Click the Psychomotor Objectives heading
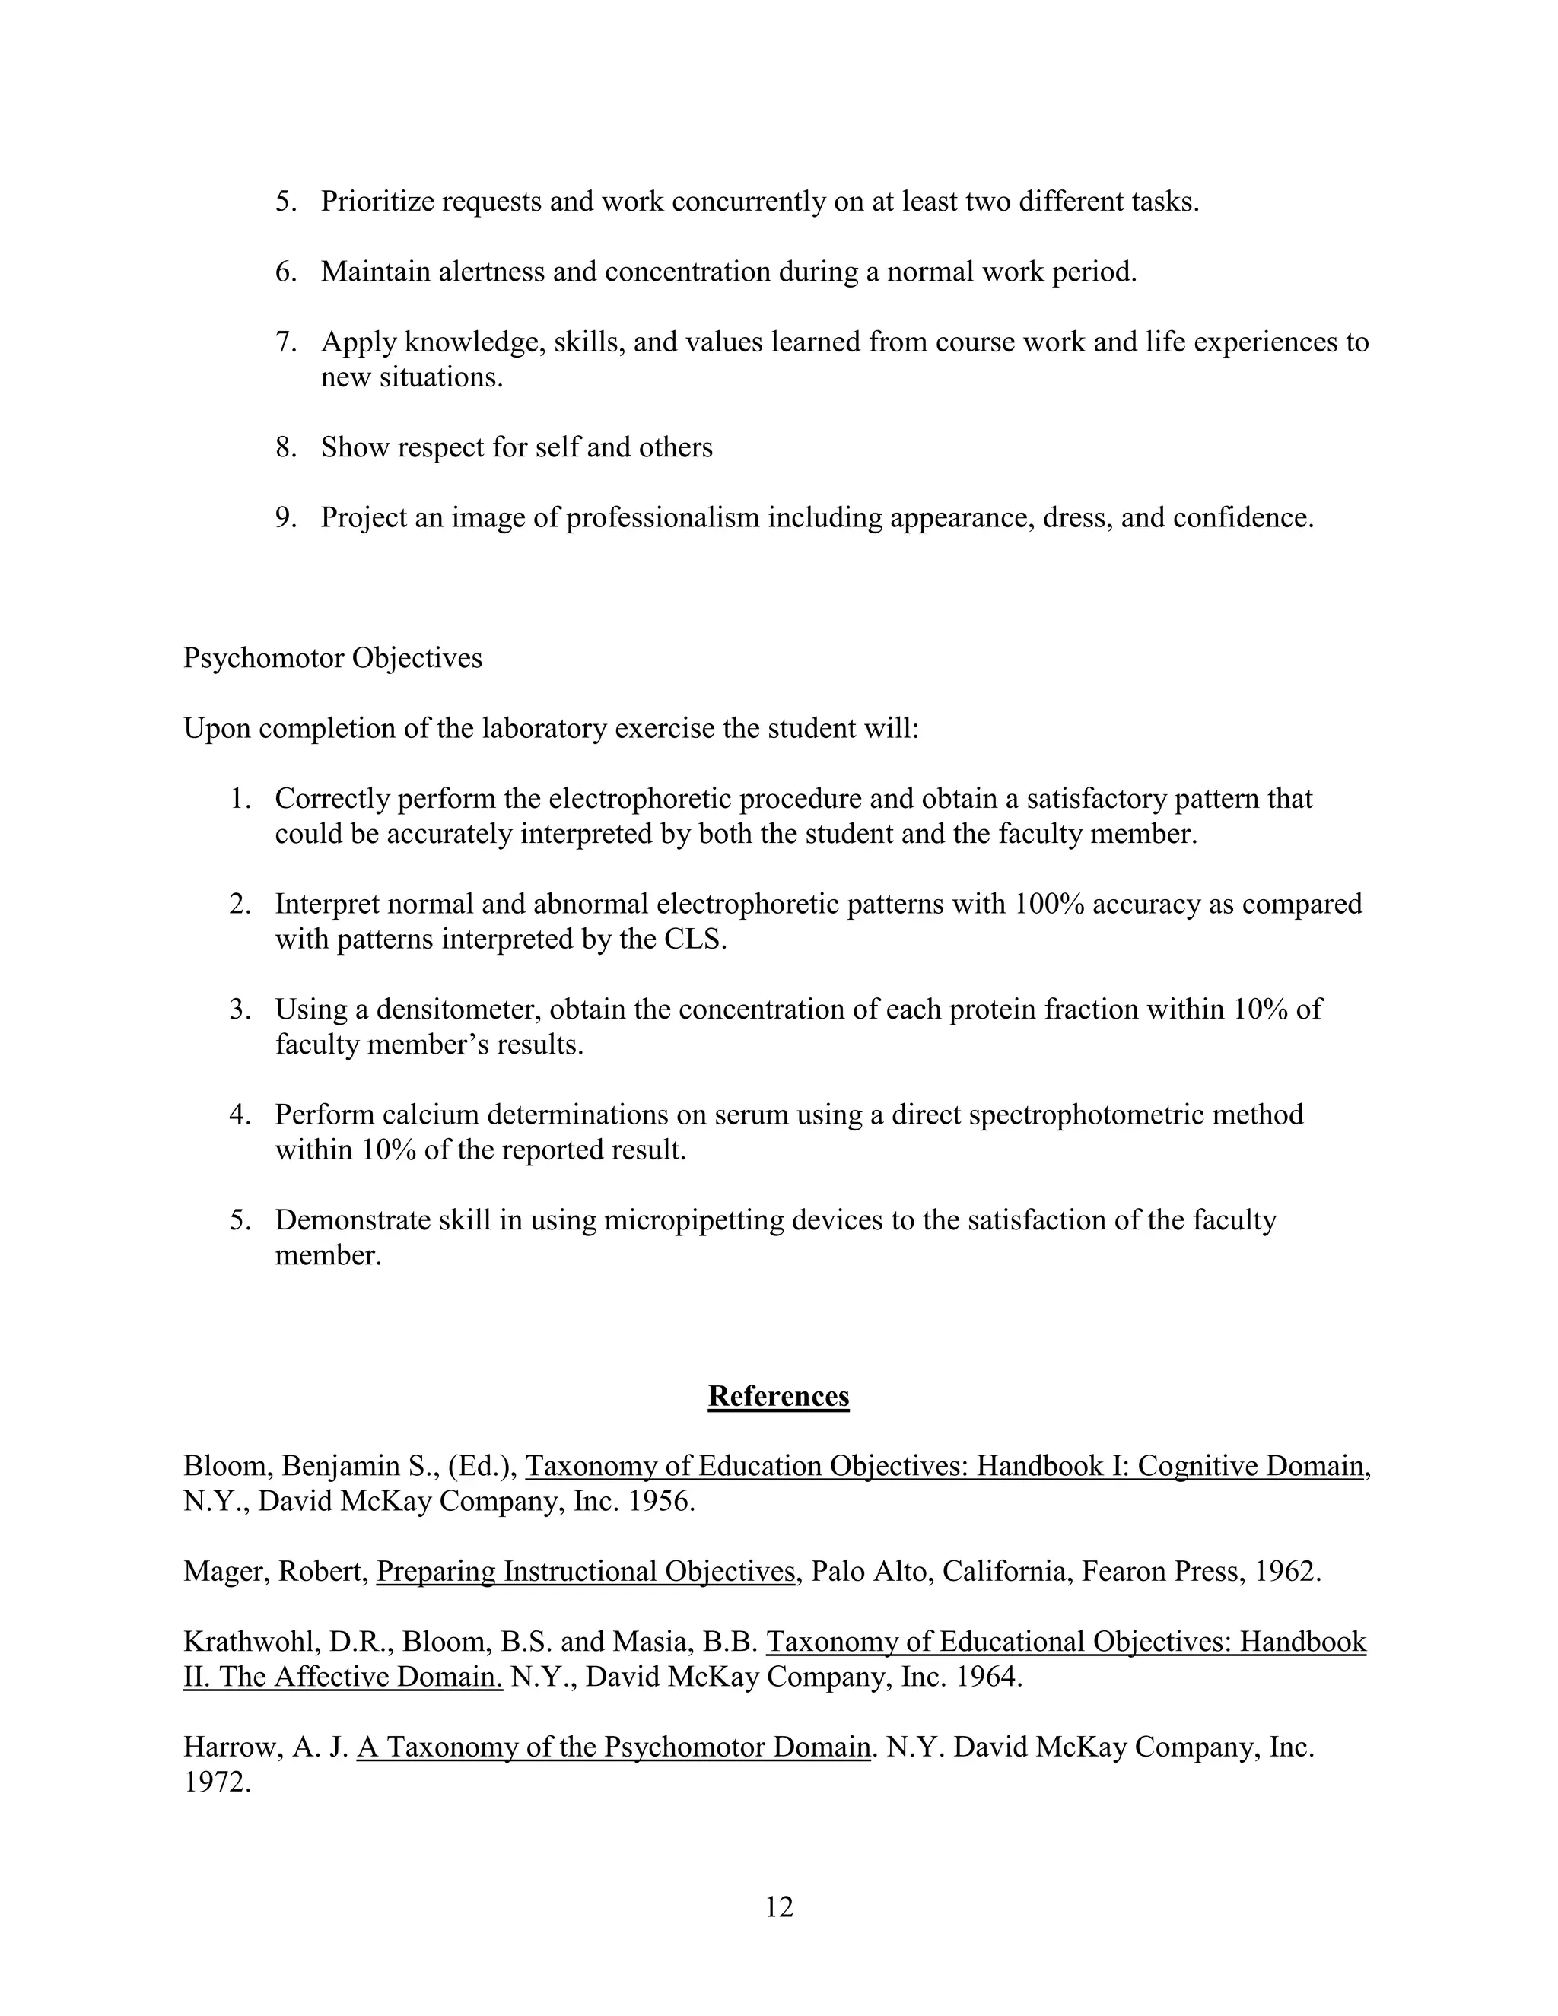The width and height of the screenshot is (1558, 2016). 332,658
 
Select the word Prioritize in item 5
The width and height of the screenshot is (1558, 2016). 377,202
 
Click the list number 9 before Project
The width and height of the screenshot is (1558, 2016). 285,518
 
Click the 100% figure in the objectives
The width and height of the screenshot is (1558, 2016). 1049,904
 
